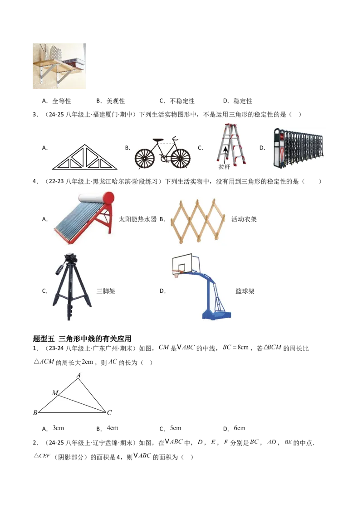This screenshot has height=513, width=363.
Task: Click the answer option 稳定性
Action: (243, 101)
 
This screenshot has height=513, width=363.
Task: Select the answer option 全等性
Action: (62, 101)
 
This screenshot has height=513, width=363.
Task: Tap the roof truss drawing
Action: (85, 157)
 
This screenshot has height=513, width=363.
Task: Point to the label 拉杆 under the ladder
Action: (225, 167)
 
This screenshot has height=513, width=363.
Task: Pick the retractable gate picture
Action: (298, 148)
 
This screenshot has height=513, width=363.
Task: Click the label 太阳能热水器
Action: (137, 219)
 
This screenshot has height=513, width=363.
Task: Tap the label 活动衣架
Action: (244, 219)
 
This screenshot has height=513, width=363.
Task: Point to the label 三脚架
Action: (106, 291)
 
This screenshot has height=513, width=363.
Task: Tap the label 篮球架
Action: (245, 291)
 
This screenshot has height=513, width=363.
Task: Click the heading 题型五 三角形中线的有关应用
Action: (82, 339)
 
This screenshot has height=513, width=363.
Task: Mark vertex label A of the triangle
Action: (78, 375)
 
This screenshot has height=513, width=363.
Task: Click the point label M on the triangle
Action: (55, 392)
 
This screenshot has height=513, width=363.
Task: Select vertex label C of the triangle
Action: (109, 412)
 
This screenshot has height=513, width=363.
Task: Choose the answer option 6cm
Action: (240, 428)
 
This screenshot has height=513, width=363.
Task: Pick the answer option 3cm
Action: (59, 428)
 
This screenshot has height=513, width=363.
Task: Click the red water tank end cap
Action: (108, 198)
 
